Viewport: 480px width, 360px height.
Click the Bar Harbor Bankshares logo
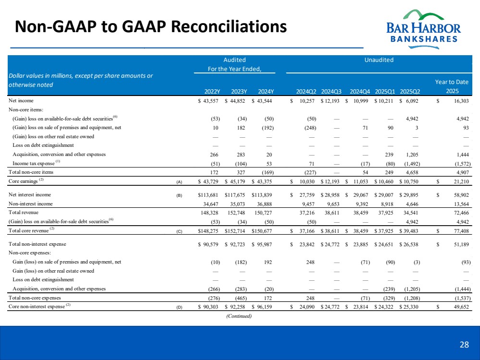(x=423, y=27)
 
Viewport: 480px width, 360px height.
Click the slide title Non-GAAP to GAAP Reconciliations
(x=151, y=26)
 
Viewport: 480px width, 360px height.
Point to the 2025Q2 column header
(x=410, y=91)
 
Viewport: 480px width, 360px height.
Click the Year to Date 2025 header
(x=452, y=86)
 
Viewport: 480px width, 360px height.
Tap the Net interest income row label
(x=30, y=195)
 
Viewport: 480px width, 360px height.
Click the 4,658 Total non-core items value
(x=414, y=171)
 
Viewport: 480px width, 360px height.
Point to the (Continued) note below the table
(x=239, y=315)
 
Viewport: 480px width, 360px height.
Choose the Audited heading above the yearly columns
(x=234, y=60)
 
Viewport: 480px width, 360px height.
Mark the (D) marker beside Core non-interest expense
(x=179, y=306)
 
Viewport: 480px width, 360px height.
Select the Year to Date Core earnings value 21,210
(x=459, y=181)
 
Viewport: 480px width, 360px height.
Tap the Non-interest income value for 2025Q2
(x=414, y=203)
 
